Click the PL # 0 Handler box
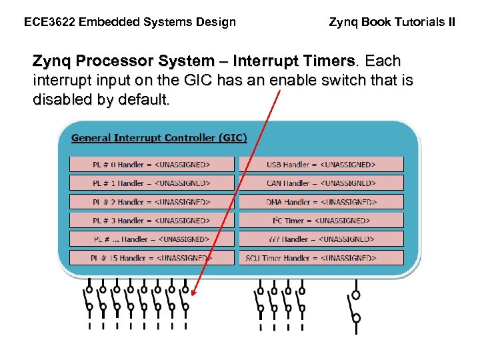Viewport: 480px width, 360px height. coord(152,164)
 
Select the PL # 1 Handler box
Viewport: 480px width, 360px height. coord(152,183)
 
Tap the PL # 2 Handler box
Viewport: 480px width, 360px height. coord(152,201)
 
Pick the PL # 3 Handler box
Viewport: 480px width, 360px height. coord(152,220)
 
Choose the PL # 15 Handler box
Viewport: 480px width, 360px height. coord(152,257)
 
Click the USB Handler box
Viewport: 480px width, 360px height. coord(321,164)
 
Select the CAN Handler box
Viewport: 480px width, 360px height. coord(321,183)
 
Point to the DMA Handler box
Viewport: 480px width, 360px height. coord(321,201)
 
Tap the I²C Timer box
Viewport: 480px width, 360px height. coord(321,220)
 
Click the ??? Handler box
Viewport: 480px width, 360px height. coord(321,239)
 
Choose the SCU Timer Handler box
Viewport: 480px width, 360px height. coord(321,257)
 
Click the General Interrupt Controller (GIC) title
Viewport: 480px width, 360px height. coord(159,138)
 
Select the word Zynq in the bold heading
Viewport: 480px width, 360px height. coord(52,61)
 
